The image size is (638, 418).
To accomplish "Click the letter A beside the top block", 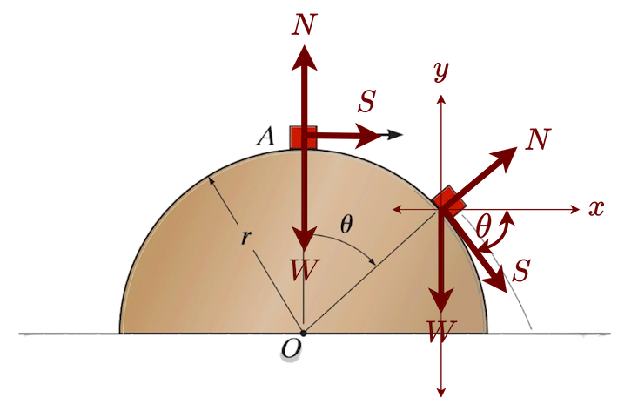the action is pyautogui.click(x=268, y=136).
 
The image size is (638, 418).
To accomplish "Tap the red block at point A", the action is pyautogui.click(x=302, y=137).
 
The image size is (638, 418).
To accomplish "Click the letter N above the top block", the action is pyautogui.click(x=304, y=24).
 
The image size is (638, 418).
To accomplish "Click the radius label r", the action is pyautogui.click(x=246, y=237).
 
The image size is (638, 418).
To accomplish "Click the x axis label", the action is pyautogui.click(x=596, y=208).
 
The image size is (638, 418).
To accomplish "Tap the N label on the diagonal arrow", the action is pyautogui.click(x=539, y=138).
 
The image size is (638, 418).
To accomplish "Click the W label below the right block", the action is pyautogui.click(x=440, y=329).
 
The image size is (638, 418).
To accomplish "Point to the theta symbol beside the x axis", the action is pyautogui.click(x=484, y=224).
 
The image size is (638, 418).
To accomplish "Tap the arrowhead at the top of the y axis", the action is pyautogui.click(x=441, y=93).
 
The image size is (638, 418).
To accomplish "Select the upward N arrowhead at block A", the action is pyautogui.click(x=303, y=54).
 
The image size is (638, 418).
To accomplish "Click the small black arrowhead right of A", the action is pyautogui.click(x=396, y=134).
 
